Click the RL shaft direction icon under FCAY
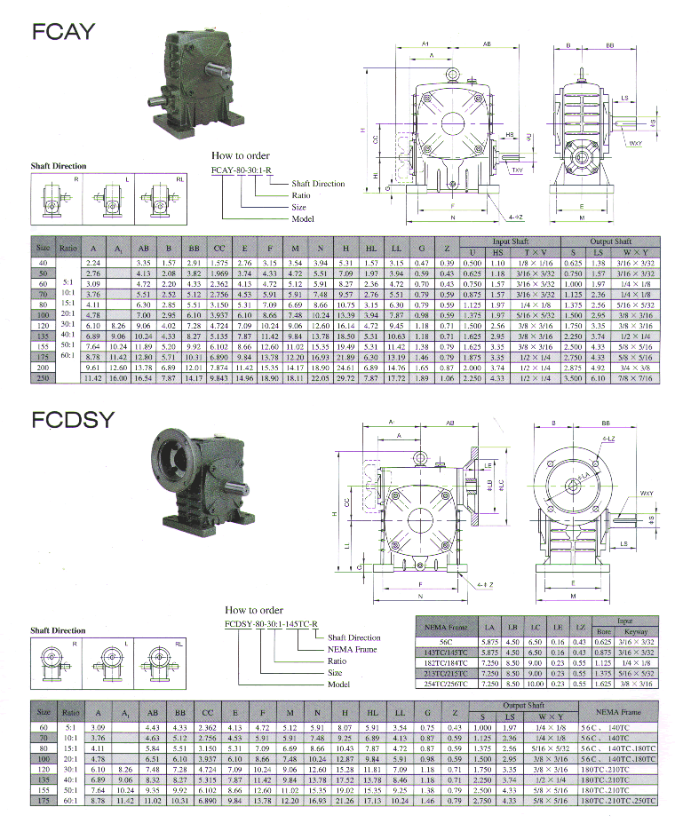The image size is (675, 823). click(x=170, y=200)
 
